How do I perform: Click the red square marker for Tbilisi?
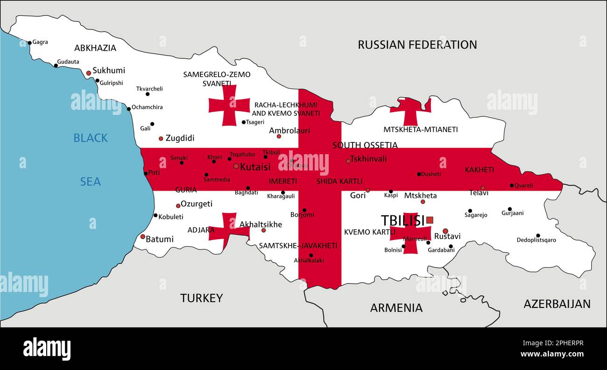coord(430,220)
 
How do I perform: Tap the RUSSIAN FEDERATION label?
coord(417,45)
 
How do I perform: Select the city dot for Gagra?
coord(29,43)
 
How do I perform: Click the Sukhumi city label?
coord(109,71)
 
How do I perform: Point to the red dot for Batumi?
coord(143,236)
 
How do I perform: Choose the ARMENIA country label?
coord(396,308)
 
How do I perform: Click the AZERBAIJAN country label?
coord(557,304)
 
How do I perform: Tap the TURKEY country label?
coord(201,298)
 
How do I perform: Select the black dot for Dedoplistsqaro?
coord(538,235)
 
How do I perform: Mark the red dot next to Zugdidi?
coord(161,138)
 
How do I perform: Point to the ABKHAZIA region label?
coord(95,48)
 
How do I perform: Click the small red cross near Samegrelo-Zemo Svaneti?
coord(229,105)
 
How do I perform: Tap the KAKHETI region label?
coord(479,170)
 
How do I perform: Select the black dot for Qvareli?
coord(512,185)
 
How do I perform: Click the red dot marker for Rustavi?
coord(445,231)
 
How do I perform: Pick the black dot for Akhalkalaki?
coord(311,255)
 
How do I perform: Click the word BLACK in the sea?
coord(91,138)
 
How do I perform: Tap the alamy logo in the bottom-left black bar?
coord(47,349)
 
